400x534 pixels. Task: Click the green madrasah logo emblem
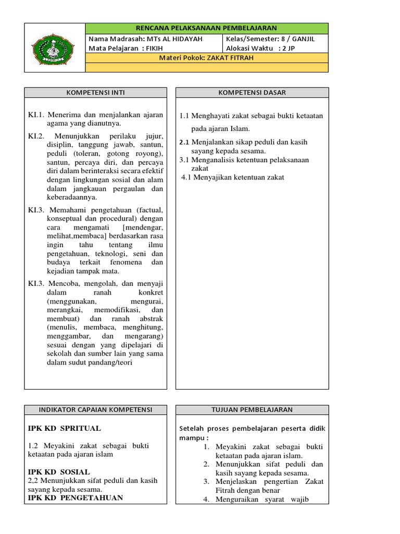tap(55, 47)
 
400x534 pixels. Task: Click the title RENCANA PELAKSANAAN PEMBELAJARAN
tap(206, 28)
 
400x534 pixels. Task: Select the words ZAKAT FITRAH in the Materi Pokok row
tap(230, 58)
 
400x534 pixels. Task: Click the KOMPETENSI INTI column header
tap(95, 93)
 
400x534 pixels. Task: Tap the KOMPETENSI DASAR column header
tap(252, 93)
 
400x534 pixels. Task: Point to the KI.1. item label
tap(37, 115)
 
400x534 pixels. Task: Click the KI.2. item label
tap(37, 136)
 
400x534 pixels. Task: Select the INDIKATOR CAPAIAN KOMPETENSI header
tap(95, 410)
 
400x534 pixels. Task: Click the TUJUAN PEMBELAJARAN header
tap(252, 410)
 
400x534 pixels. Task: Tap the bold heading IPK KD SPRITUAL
tap(64, 429)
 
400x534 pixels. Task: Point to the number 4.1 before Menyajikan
tap(186, 177)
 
